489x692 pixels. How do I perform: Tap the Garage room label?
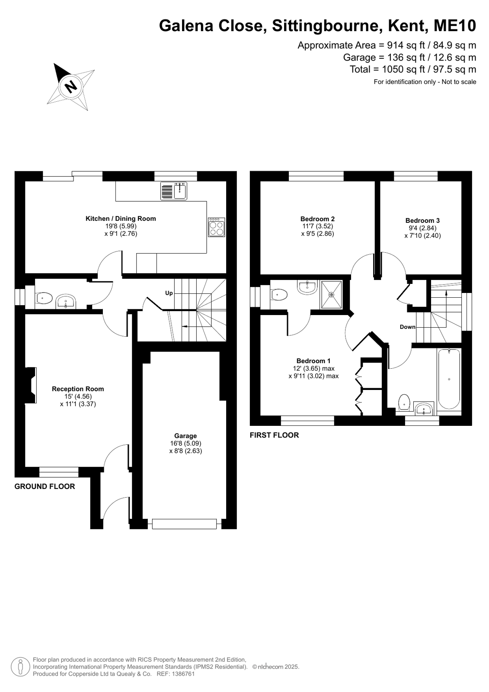point(185,436)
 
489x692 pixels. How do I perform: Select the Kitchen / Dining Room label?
point(121,219)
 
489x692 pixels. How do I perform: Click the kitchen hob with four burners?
point(217,227)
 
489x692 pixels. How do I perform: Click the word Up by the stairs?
point(169,293)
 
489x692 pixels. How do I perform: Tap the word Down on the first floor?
point(407,327)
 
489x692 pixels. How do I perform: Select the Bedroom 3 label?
point(422,220)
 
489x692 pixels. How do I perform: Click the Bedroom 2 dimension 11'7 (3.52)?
point(318,226)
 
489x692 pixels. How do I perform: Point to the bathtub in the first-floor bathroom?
point(449,379)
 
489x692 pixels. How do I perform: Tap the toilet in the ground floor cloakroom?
point(43,299)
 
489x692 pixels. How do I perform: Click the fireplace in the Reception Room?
point(31,385)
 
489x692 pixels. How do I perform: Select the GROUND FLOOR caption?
point(45,486)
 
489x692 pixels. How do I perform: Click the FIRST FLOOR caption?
point(274,435)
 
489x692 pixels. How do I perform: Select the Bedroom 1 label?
point(313,360)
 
